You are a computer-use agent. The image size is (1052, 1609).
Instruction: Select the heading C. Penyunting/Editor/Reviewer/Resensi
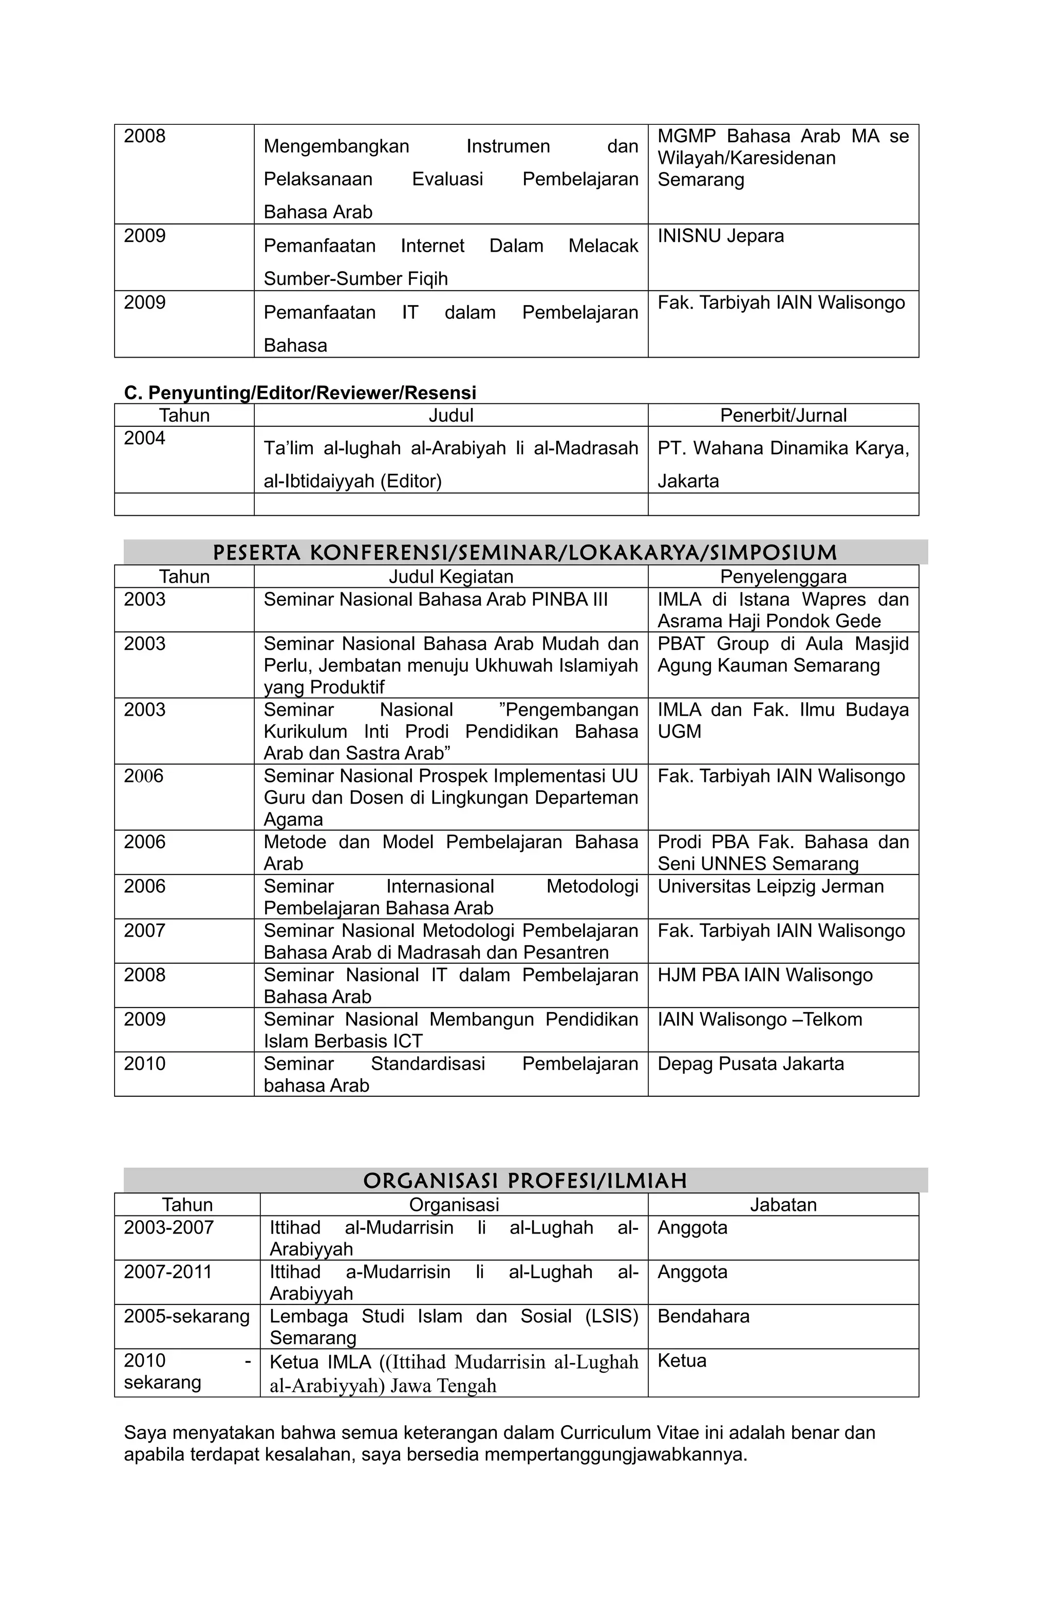click(299, 393)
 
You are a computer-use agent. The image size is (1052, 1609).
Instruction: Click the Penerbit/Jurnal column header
click(782, 415)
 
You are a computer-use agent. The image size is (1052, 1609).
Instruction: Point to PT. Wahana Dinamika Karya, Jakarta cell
click(782, 464)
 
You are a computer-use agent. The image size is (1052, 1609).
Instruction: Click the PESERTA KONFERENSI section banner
click(524, 552)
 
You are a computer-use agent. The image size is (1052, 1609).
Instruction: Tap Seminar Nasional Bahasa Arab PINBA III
click(436, 599)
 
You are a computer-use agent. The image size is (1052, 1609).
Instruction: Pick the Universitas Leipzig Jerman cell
click(770, 886)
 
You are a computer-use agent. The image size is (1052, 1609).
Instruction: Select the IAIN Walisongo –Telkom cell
click(759, 1019)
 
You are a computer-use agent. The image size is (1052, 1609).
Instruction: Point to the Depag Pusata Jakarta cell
click(750, 1063)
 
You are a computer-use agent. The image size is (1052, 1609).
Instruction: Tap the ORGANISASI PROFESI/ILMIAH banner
click(524, 1181)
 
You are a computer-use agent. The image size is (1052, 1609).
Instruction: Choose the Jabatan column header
click(782, 1204)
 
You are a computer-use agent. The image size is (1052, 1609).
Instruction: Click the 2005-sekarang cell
click(186, 1316)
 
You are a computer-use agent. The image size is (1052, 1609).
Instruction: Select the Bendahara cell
click(703, 1316)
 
